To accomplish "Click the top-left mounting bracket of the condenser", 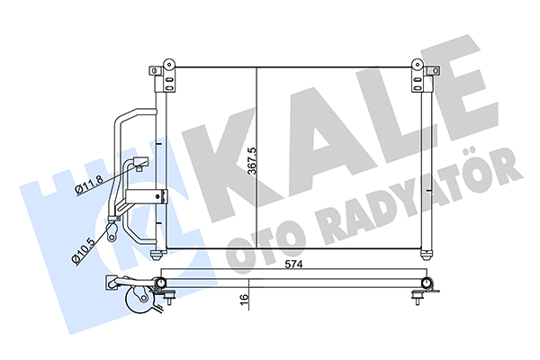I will [165, 72].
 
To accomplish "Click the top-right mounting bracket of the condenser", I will [418, 72].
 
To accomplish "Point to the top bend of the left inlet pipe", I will [130, 114].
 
